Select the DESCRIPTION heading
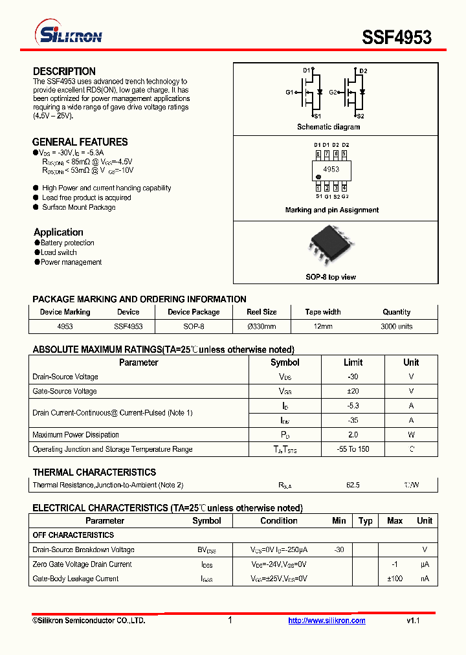pos(64,71)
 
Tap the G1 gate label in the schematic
pos(289,93)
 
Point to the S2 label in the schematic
pos(361,116)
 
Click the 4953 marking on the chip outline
pos(331,169)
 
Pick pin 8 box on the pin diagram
pos(318,154)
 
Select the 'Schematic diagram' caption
pos(328,127)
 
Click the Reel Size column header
pos(261,312)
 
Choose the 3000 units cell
pos(396,327)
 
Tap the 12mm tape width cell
pos(322,327)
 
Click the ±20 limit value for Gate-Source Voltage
pos(353,391)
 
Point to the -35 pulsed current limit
pos(353,420)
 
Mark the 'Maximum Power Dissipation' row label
pos(76,435)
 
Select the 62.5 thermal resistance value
pos(353,485)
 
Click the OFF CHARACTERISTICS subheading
pos(73,535)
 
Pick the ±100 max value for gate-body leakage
pos(395,579)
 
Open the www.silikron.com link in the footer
pos(327,621)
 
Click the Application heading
pos(58,232)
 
